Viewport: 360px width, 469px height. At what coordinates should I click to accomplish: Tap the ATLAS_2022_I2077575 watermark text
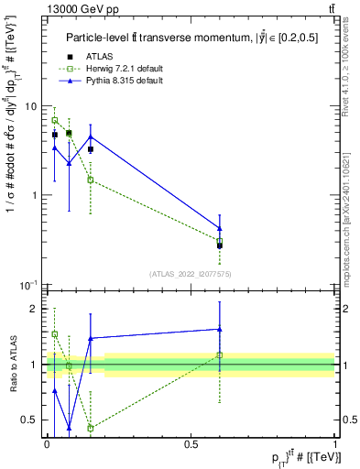[190, 274]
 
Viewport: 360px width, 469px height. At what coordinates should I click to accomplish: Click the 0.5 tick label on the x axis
[191, 442]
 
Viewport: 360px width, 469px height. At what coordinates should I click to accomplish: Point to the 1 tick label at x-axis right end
[334, 442]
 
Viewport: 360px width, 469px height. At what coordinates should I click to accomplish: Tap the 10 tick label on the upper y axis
[30, 106]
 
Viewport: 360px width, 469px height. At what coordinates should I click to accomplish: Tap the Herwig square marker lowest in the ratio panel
[90, 428]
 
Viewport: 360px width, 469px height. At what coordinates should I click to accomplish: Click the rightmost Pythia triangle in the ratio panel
[220, 329]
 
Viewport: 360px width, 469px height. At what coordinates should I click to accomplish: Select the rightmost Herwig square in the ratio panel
[220, 354]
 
